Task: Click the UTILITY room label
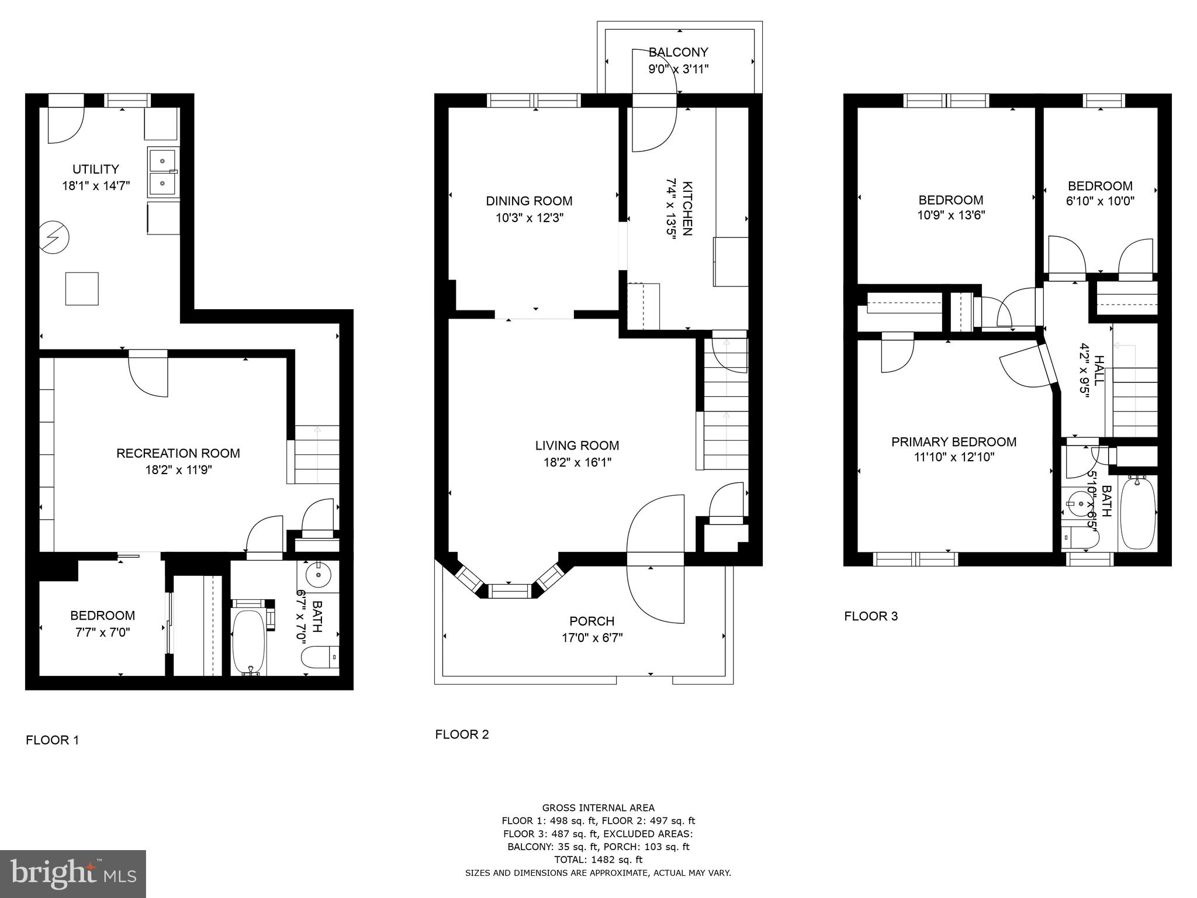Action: [96, 170]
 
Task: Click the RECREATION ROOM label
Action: [178, 453]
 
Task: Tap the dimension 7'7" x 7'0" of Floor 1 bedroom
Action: [102, 632]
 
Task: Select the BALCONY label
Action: [678, 52]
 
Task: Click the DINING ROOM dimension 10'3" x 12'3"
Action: [530, 218]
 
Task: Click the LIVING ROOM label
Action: [577, 445]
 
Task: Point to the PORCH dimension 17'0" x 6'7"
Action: [592, 638]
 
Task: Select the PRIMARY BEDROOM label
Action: [953, 442]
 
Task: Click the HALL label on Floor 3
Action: [1099, 369]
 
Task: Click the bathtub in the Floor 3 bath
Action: [1137, 512]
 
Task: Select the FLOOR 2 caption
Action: [462, 734]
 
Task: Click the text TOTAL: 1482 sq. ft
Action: [598, 859]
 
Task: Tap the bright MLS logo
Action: [73, 873]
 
